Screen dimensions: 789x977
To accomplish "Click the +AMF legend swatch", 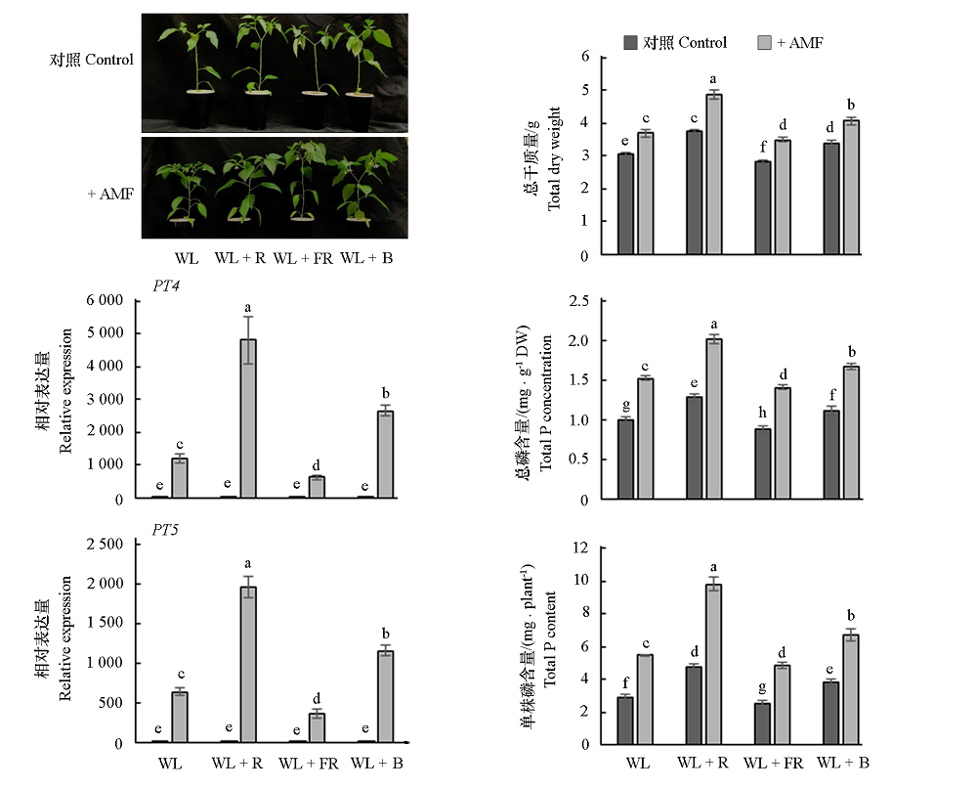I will click(x=765, y=43).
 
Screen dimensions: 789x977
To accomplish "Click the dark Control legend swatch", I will click(x=631, y=43).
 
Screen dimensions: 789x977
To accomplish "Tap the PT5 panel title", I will click(x=165, y=531).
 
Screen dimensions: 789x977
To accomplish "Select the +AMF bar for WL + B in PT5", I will click(x=385, y=696).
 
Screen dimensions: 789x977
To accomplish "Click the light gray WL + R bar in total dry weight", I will click(x=714, y=175).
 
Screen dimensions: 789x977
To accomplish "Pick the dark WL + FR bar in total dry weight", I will click(x=763, y=208).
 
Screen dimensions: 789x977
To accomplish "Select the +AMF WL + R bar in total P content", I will click(x=714, y=664).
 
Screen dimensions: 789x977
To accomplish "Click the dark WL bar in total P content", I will click(x=625, y=720).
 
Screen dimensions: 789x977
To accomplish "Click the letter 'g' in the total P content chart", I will click(x=763, y=688).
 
